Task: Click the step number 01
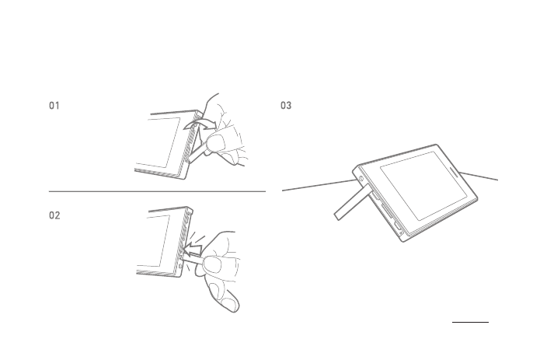54,106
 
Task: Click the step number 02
54,215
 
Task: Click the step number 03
286,106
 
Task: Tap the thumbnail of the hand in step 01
216,142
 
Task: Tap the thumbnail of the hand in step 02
212,265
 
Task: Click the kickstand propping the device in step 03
353,202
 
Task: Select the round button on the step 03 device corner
361,179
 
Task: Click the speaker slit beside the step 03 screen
455,171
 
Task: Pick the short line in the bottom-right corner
470,322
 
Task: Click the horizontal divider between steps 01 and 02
157,191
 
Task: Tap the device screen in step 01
158,142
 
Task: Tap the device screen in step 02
154,241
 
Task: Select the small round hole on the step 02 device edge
180,267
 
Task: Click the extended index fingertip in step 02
230,305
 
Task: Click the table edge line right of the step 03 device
479,176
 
